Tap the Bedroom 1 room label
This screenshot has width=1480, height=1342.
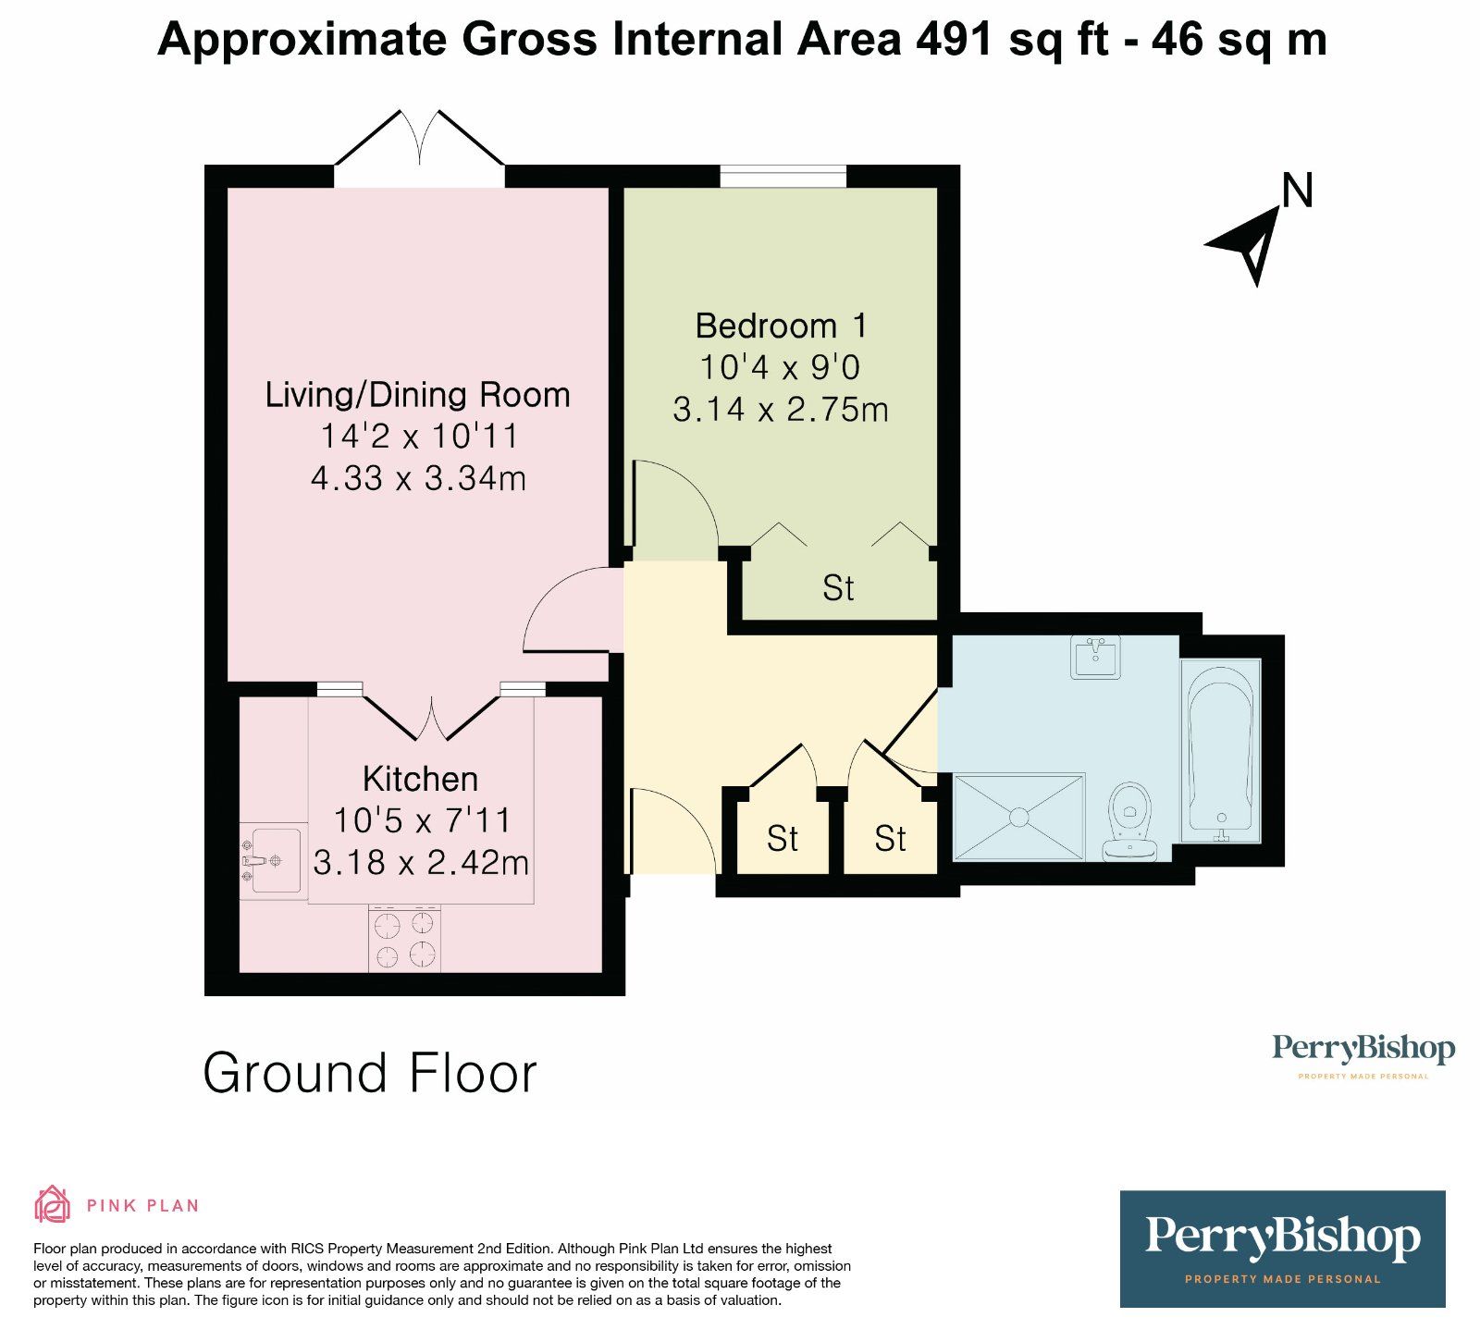[x=782, y=326]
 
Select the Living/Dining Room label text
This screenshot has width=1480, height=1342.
[x=417, y=395]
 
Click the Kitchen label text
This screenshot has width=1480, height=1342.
[x=420, y=779]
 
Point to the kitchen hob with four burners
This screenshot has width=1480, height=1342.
[x=404, y=938]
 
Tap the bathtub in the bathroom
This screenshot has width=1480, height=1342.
[x=1221, y=748]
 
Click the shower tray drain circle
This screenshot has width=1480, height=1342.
[x=1018, y=818]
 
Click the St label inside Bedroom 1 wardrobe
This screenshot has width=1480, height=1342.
[x=838, y=588]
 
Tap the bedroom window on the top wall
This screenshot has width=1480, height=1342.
[x=783, y=176]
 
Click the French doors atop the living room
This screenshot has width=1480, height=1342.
[x=420, y=148]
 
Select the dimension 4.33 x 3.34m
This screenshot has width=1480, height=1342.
[x=418, y=478]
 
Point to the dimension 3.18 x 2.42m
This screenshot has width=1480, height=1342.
[x=421, y=862]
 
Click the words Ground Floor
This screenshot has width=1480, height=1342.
[x=369, y=1073]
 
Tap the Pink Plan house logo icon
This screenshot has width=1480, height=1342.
[x=53, y=1204]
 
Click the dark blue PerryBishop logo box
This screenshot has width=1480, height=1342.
[x=1282, y=1249]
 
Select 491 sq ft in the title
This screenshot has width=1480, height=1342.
[x=1012, y=39]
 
